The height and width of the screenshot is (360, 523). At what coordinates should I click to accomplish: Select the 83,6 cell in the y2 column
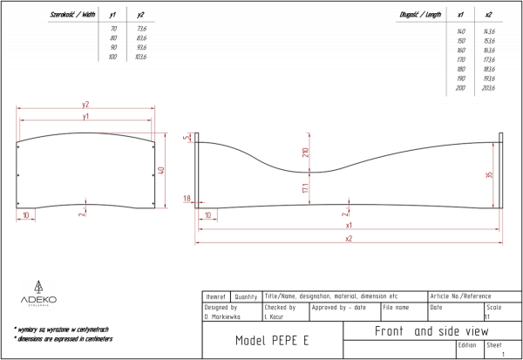point(141,38)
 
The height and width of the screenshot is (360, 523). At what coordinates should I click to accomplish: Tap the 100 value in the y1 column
point(112,56)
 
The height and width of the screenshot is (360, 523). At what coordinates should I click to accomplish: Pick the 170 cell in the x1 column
point(460,59)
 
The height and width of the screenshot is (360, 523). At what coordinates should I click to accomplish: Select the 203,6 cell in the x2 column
point(488,88)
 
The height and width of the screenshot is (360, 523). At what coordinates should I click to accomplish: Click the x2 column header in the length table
point(488,16)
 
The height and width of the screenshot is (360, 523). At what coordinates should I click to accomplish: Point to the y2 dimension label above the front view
point(85,105)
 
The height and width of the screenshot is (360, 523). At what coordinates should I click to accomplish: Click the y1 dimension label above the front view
point(85,116)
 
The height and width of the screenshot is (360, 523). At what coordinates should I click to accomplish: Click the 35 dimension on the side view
point(489,175)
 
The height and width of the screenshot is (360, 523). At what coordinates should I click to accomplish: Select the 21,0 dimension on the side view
point(305,153)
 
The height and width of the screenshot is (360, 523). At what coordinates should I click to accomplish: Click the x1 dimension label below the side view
point(349,225)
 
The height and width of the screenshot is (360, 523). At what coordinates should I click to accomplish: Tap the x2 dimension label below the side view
point(349,238)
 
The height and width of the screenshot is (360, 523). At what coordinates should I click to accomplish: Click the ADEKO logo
point(38,295)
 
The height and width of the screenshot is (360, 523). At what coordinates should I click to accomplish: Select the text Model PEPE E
point(272,340)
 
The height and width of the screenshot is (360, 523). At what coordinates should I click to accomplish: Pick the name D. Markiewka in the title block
point(221,316)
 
